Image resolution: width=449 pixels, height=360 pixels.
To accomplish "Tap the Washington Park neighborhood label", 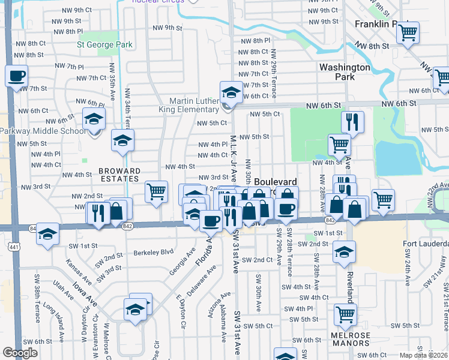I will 345,72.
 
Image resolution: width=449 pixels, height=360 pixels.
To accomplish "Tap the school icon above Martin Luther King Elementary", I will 230,92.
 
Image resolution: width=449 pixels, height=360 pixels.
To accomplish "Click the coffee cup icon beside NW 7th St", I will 16,76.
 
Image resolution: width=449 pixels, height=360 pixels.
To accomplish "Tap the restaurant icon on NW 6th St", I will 352,122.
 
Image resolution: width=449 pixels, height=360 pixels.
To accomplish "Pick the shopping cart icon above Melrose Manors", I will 345,313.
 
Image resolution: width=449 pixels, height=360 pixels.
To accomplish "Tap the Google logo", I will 20,353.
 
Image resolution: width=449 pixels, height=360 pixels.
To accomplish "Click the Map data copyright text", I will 424,355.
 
